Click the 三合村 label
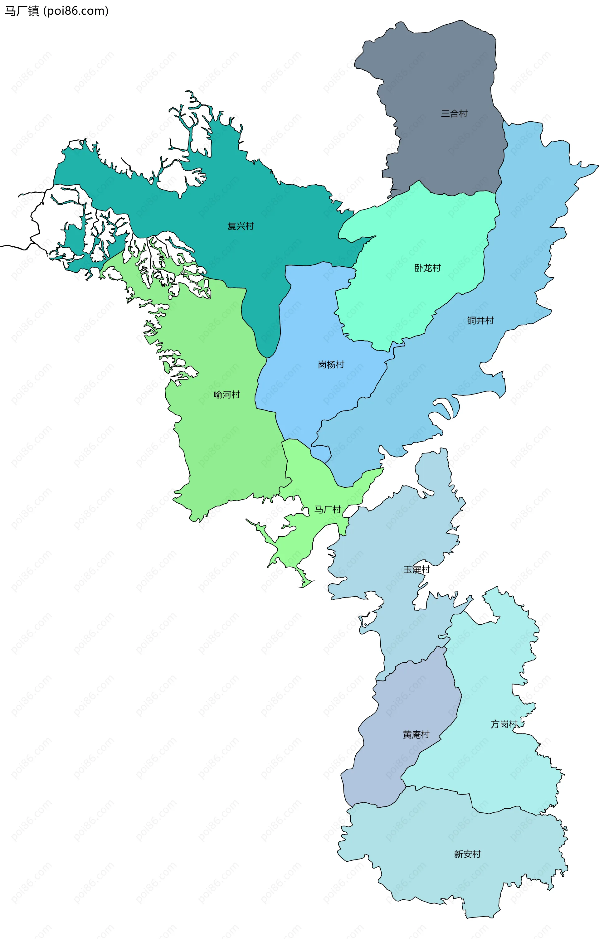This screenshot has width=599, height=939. pos(454,114)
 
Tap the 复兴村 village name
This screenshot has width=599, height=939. pos(241,226)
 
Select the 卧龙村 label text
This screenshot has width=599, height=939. pos(427,268)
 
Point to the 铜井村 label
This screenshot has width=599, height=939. pos(480,321)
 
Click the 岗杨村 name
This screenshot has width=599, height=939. pos(331,365)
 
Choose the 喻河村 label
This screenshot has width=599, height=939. pos(227,394)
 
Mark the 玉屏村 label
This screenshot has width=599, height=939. pos(416,570)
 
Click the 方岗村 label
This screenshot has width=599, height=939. pos(504,724)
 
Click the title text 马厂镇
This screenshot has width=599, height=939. pos(22,11)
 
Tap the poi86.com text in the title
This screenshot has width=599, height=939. pos(76,11)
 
